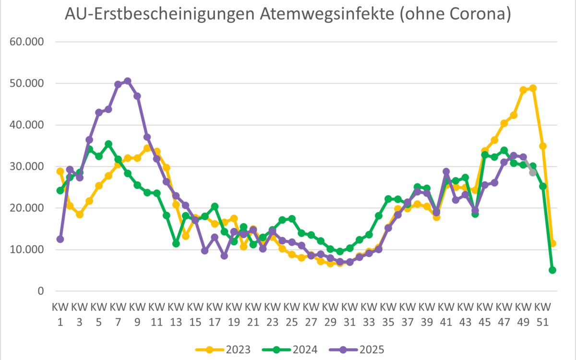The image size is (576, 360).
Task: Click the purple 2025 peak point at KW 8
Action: (x=128, y=81)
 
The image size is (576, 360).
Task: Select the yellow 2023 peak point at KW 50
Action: (x=533, y=88)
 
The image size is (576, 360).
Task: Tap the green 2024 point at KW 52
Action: (x=552, y=270)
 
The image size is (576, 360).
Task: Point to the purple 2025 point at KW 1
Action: (x=60, y=239)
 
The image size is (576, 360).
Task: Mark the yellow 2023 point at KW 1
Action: (x=60, y=171)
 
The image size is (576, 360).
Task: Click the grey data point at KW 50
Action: (x=533, y=172)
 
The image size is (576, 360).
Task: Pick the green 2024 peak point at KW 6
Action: (x=108, y=144)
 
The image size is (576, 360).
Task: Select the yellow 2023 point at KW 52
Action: (x=552, y=243)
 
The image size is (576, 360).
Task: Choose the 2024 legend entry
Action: (x=290, y=349)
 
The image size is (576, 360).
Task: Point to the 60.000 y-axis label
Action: (x=27, y=42)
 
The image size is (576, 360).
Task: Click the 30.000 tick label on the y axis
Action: (x=27, y=167)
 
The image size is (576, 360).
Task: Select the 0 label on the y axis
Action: (x=40, y=291)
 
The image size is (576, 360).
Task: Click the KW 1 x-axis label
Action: (x=60, y=312)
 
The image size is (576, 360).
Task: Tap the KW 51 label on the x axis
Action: (x=542, y=312)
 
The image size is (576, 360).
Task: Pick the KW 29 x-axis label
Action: (x=330, y=312)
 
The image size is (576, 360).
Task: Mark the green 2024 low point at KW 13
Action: (x=176, y=243)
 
